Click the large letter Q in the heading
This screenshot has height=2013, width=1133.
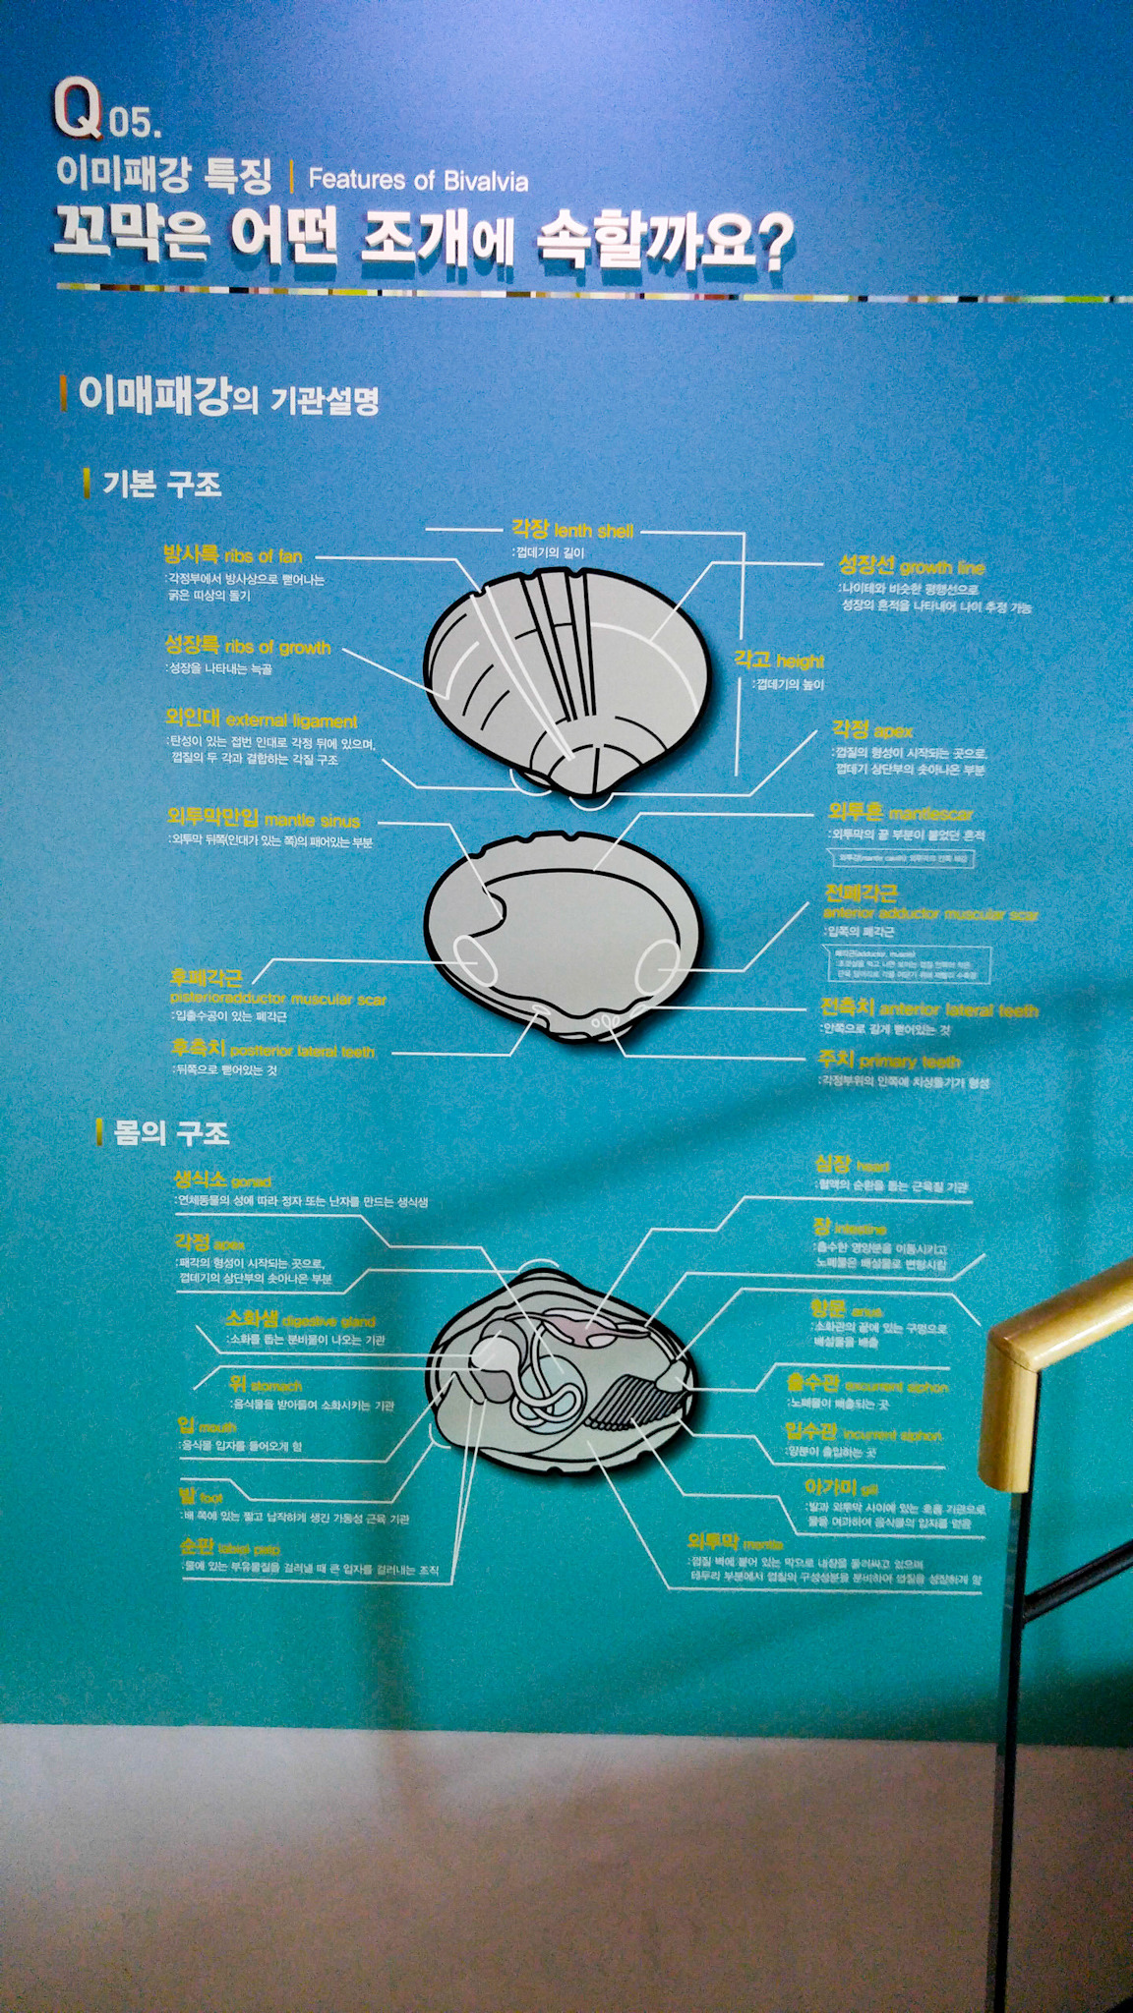click(78, 109)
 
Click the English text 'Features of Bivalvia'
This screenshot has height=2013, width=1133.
click(418, 180)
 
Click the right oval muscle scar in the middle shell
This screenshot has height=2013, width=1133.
click(657, 965)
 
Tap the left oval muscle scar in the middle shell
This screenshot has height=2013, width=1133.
click(475, 959)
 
